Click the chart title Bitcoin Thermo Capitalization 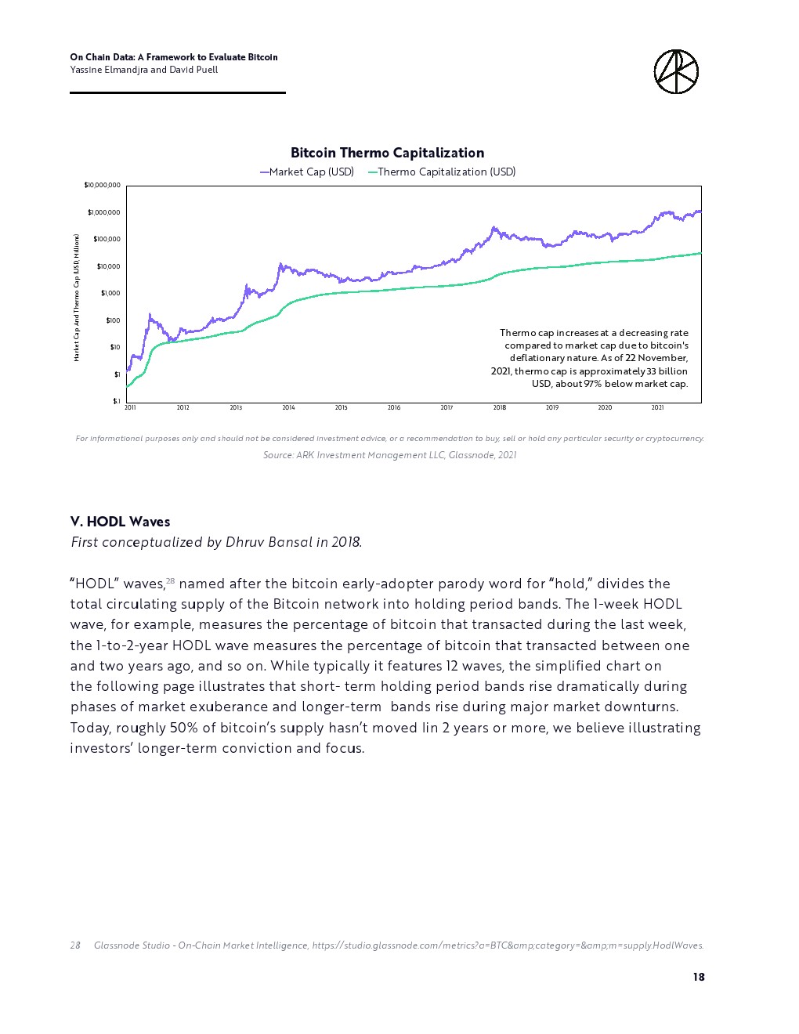[x=387, y=153]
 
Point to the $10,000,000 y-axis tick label [x=103, y=186]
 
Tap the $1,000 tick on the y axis [x=110, y=294]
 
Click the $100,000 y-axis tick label [x=107, y=240]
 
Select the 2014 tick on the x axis [x=288, y=408]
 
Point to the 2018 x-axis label [x=499, y=408]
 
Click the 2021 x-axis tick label [x=657, y=408]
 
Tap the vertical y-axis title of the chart [x=77, y=298]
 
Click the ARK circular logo [x=675, y=72]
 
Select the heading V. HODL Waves [x=120, y=522]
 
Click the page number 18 [x=698, y=977]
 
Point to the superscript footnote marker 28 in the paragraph [x=170, y=581]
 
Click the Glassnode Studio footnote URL [x=508, y=945]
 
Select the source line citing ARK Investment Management [x=389, y=455]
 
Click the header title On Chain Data [x=173, y=57]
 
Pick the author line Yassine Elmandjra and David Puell [x=144, y=70]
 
